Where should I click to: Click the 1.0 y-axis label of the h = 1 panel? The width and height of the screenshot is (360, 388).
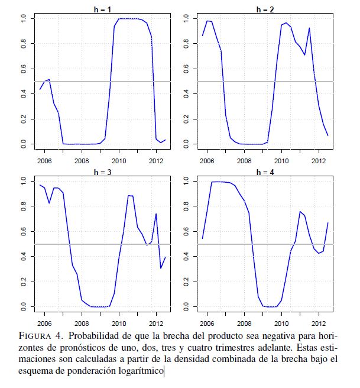[23, 19]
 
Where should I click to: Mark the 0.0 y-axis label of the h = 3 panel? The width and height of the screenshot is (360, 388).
[23, 306]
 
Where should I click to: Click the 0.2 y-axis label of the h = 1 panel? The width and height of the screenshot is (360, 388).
[23, 118]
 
